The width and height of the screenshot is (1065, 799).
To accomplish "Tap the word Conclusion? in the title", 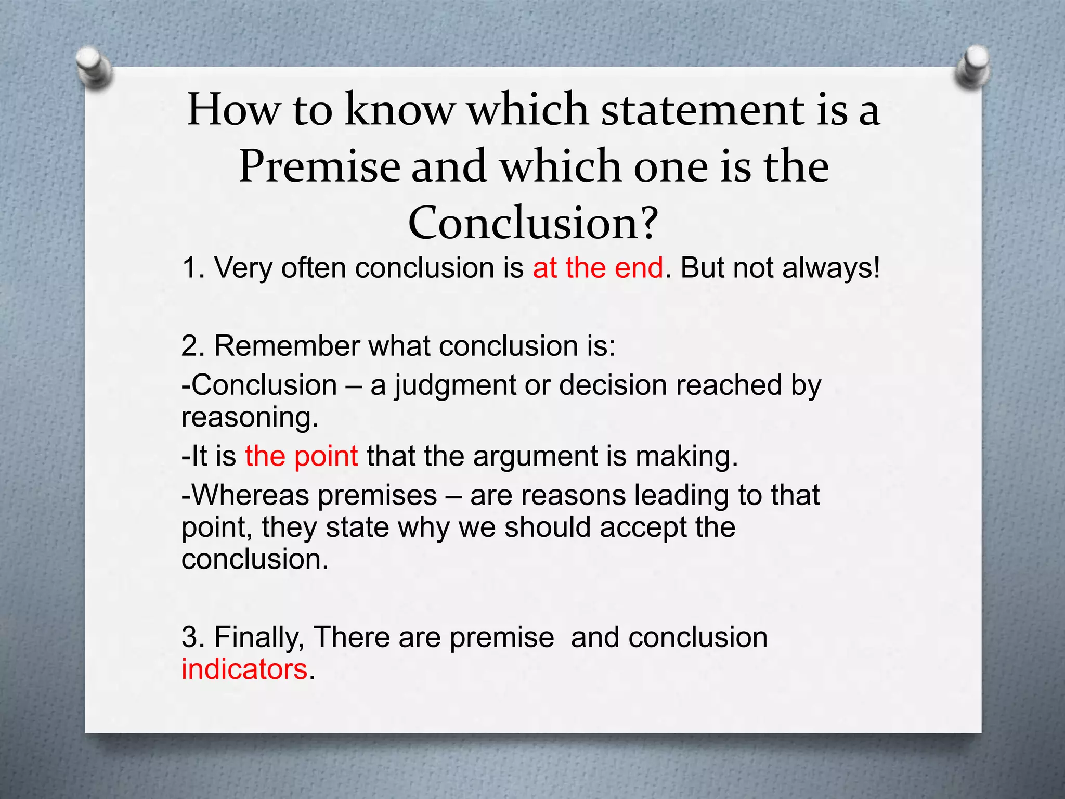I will pyautogui.click(x=533, y=223).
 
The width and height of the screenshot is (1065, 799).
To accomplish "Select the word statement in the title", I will pyautogui.click(x=702, y=110).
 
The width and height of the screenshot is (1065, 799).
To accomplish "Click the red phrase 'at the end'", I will pyautogui.click(x=598, y=268).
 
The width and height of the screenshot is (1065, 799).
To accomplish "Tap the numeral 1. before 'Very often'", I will pyautogui.click(x=193, y=268).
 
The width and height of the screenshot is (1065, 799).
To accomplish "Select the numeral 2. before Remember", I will pyautogui.click(x=193, y=346).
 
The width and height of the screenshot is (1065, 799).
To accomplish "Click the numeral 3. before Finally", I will pyautogui.click(x=193, y=637).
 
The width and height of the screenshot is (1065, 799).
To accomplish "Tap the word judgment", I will pyautogui.click(x=454, y=386).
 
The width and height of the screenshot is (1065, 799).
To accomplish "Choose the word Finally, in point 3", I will pyautogui.click(x=259, y=637).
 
